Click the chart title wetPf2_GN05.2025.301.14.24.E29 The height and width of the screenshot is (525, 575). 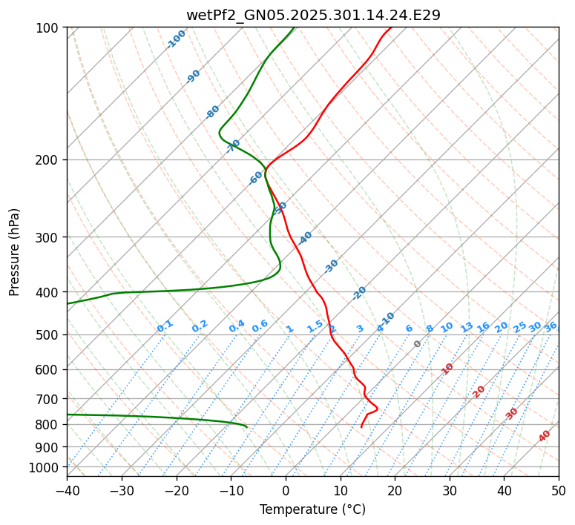312,15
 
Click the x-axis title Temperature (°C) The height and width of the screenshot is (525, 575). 312,509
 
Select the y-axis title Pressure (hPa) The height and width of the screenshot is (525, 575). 14,252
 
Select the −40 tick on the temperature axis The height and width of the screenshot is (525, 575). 67,490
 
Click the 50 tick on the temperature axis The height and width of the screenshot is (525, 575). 559,490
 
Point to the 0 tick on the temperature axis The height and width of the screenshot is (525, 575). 286,490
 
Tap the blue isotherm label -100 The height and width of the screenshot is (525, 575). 177,39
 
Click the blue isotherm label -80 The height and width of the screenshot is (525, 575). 213,112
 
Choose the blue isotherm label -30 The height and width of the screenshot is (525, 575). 332,265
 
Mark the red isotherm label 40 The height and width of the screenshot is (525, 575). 545,436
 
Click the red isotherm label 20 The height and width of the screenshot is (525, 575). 479,391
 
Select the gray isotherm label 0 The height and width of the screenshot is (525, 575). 418,344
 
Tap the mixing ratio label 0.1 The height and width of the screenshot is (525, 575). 165,326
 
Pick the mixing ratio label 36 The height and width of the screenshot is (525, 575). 551,326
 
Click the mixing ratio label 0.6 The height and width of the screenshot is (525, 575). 260,326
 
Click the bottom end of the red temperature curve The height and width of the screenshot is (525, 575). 361,427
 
